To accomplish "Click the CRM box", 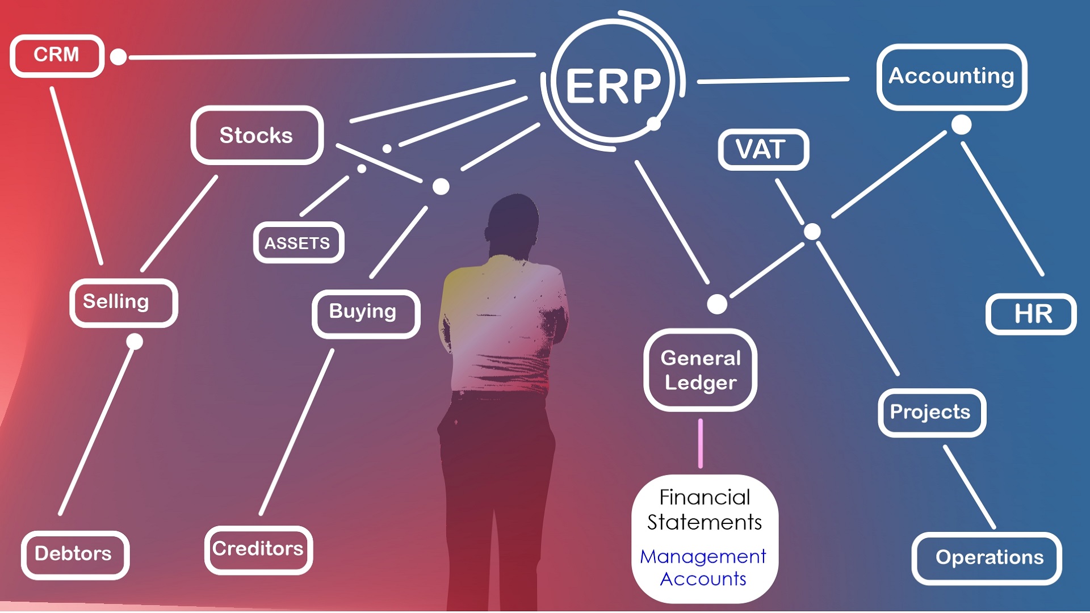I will click(57, 56).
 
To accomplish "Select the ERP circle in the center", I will click(613, 85).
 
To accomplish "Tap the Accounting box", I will click(951, 77).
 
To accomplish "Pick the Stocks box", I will click(257, 135).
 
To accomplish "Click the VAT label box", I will click(762, 150).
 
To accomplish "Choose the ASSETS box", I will click(298, 243).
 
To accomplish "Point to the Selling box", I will click(123, 303).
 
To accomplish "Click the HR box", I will click(1031, 314).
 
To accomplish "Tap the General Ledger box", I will click(700, 370).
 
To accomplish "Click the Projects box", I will click(931, 413).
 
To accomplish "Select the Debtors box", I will click(75, 555).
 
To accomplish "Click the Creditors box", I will click(258, 549).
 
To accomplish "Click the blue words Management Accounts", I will click(703, 568).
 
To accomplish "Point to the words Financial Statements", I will click(704, 510).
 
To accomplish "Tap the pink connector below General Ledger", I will click(701, 443).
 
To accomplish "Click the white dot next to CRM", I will click(118, 57).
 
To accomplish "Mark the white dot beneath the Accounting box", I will click(961, 125).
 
